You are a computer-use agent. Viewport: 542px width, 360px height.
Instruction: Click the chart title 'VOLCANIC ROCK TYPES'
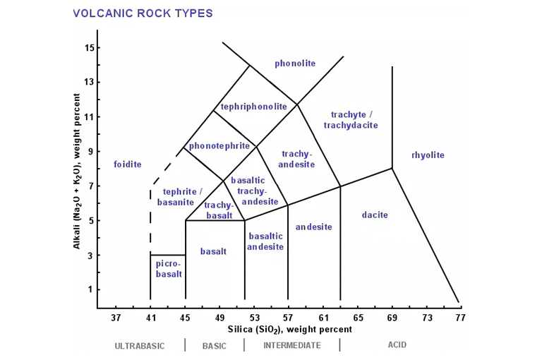click(143, 13)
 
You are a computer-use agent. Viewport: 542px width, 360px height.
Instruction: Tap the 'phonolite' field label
click(295, 64)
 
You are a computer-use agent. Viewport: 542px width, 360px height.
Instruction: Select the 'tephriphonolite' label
click(254, 107)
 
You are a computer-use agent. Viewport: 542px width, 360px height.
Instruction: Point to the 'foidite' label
click(128, 164)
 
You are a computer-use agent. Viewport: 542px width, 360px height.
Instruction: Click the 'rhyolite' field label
click(428, 155)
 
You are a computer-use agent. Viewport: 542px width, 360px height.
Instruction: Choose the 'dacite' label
click(375, 215)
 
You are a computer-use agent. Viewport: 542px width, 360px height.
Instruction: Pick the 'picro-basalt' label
click(169, 269)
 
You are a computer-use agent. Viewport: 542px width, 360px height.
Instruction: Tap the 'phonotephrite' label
click(219, 146)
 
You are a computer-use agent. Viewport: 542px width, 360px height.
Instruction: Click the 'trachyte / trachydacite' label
click(351, 120)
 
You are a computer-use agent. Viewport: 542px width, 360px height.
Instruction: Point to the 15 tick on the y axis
click(89, 48)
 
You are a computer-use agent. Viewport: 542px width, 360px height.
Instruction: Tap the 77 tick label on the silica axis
click(461, 318)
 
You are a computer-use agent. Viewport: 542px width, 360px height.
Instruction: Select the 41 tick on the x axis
click(150, 318)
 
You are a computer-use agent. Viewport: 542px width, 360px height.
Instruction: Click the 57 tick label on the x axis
click(288, 318)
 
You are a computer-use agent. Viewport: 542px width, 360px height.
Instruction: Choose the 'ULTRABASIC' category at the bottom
click(140, 346)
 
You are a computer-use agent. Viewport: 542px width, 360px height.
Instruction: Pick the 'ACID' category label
click(397, 345)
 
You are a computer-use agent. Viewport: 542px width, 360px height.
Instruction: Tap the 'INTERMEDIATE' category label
click(292, 346)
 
